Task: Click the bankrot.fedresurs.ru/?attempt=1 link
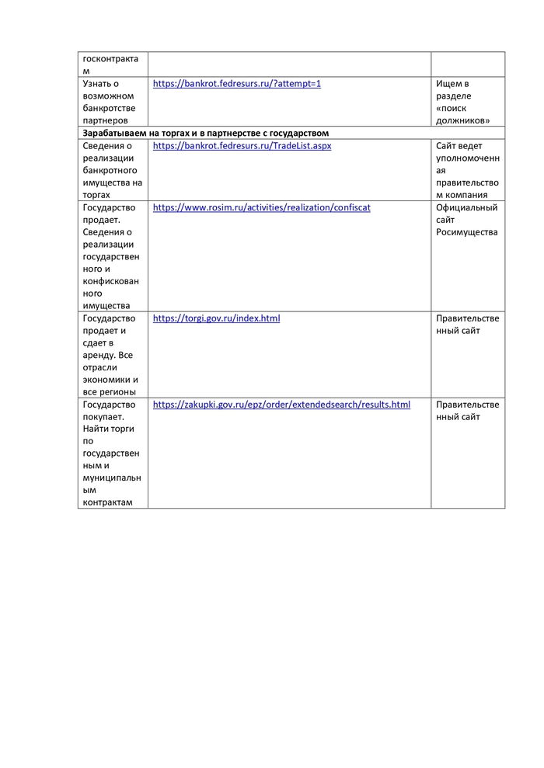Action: (236, 83)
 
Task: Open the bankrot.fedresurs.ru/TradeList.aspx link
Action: (242, 145)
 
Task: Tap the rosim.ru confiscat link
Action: (261, 207)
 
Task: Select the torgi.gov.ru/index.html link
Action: (216, 318)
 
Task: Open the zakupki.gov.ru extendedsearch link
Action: (281, 405)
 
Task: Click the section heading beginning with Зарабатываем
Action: (206, 133)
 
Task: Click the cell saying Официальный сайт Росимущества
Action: (467, 220)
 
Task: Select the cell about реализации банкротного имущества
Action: (112, 170)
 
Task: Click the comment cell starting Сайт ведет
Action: (467, 170)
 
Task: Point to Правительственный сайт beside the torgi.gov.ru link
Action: (467, 325)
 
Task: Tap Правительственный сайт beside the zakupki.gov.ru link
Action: (467, 411)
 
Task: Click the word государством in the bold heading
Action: (302, 133)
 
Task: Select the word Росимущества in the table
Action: (466, 232)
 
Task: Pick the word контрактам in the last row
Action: (107, 502)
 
